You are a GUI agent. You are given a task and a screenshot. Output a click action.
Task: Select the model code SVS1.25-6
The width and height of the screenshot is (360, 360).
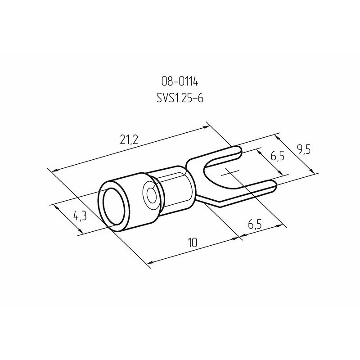click(x=180, y=98)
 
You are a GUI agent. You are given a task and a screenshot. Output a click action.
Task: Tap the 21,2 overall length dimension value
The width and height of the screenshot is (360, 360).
click(x=129, y=139)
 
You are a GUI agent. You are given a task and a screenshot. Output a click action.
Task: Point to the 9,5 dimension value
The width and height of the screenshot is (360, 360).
click(x=303, y=150)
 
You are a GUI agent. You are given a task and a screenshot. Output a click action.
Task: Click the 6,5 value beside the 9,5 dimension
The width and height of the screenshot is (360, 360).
click(x=277, y=156)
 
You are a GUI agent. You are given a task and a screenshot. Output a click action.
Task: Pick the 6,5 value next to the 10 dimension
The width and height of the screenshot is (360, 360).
click(x=255, y=224)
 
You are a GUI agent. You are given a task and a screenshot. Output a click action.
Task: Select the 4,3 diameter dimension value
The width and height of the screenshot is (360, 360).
click(x=80, y=216)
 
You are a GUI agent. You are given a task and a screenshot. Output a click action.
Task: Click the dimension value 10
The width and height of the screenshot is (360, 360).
click(x=193, y=243)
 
